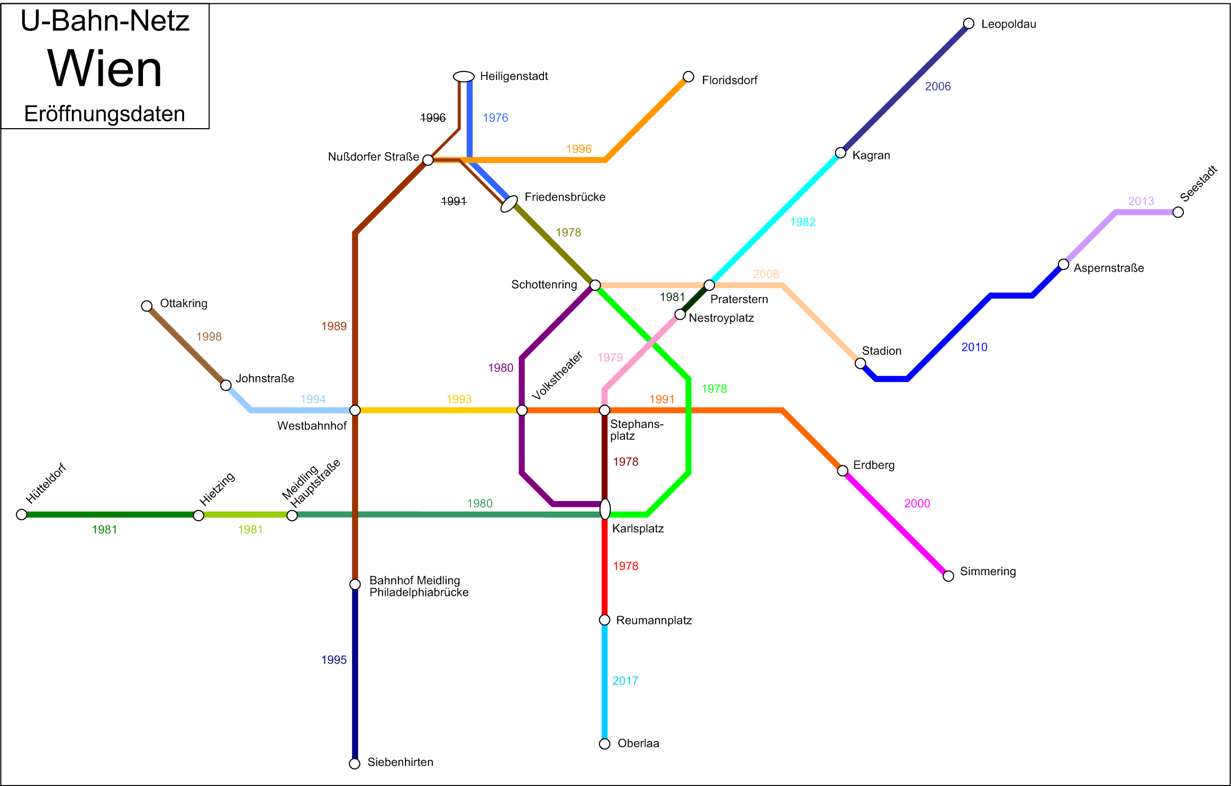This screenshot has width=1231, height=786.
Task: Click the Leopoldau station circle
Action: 968,23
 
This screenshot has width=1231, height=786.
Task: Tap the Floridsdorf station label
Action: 729,80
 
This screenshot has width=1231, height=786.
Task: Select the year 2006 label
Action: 938,86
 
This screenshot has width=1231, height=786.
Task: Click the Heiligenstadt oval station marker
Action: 464,77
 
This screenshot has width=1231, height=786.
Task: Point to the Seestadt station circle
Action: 1178,212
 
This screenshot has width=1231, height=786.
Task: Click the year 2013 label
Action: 1141,201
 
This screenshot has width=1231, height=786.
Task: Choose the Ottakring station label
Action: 184,303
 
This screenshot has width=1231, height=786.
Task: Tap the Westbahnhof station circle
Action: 355,410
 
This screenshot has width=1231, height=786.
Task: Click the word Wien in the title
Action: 105,69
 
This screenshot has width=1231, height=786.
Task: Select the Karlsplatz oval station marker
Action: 605,509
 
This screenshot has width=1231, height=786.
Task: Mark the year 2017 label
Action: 626,681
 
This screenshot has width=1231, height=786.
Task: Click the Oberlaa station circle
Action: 604,744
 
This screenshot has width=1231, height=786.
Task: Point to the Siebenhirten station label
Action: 400,762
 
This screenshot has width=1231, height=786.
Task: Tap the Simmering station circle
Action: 948,576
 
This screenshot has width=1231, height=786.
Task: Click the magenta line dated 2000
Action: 895,523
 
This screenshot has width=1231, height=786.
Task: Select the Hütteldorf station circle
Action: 22,515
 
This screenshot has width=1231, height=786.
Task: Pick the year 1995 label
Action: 334,660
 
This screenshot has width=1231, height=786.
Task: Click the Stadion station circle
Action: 861,363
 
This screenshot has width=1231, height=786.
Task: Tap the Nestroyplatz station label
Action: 721,318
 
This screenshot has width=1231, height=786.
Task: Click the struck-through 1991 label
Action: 454,201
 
